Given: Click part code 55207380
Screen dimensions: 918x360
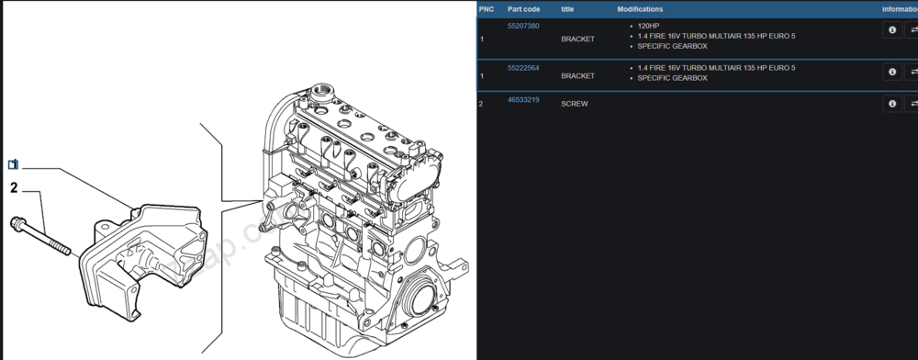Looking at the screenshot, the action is (x=523, y=27).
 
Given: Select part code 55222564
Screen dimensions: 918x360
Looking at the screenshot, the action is (x=523, y=68).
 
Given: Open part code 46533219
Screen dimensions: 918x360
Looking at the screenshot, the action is (x=523, y=100).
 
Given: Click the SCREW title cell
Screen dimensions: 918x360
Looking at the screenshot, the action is (x=575, y=104).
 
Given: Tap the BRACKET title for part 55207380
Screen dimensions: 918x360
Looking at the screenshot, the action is (x=577, y=39).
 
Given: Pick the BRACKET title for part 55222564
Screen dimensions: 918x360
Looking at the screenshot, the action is (x=577, y=76).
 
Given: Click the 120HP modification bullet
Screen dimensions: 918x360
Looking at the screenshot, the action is (x=648, y=27).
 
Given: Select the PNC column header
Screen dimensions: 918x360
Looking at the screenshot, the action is (x=487, y=9).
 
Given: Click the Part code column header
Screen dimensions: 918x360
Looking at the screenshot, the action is (x=523, y=9).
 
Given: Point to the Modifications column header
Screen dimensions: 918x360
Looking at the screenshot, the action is (x=640, y=9).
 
